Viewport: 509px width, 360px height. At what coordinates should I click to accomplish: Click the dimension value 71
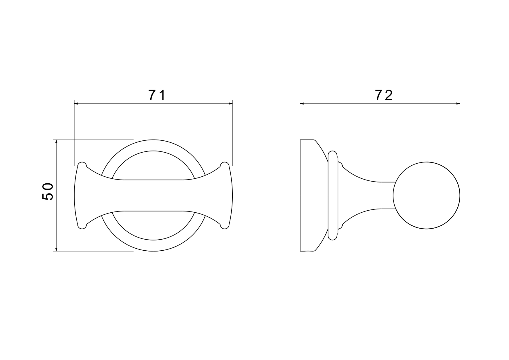157,95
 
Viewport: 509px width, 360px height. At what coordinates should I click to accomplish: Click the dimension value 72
384,95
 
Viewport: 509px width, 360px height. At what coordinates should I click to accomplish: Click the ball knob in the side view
427,195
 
